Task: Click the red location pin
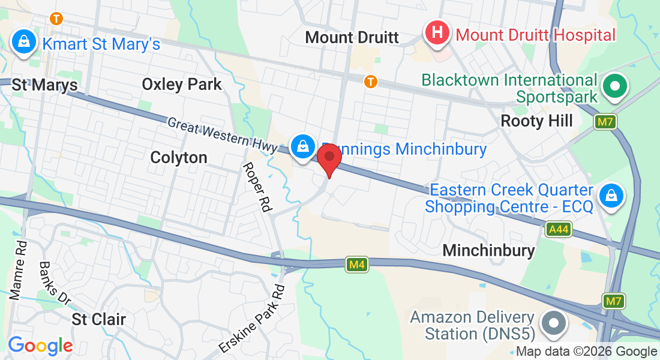pos(329,158)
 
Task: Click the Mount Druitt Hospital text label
pos(536,35)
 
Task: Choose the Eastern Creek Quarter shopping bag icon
pos(610,195)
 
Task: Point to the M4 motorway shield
pos(356,264)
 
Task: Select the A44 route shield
pos(559,229)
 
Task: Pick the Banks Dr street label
pos(55,283)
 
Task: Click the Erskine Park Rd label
pos(253,318)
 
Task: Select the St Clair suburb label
pos(99,319)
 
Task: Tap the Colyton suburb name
pos(179,158)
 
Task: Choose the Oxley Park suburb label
pos(182,85)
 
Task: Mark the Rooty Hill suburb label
pos(537,121)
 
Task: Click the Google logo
pos(40,345)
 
